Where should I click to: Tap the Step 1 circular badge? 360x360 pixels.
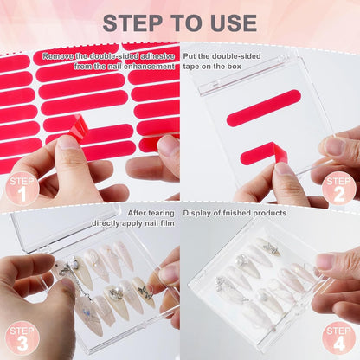21,188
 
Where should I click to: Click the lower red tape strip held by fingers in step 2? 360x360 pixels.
263,154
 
